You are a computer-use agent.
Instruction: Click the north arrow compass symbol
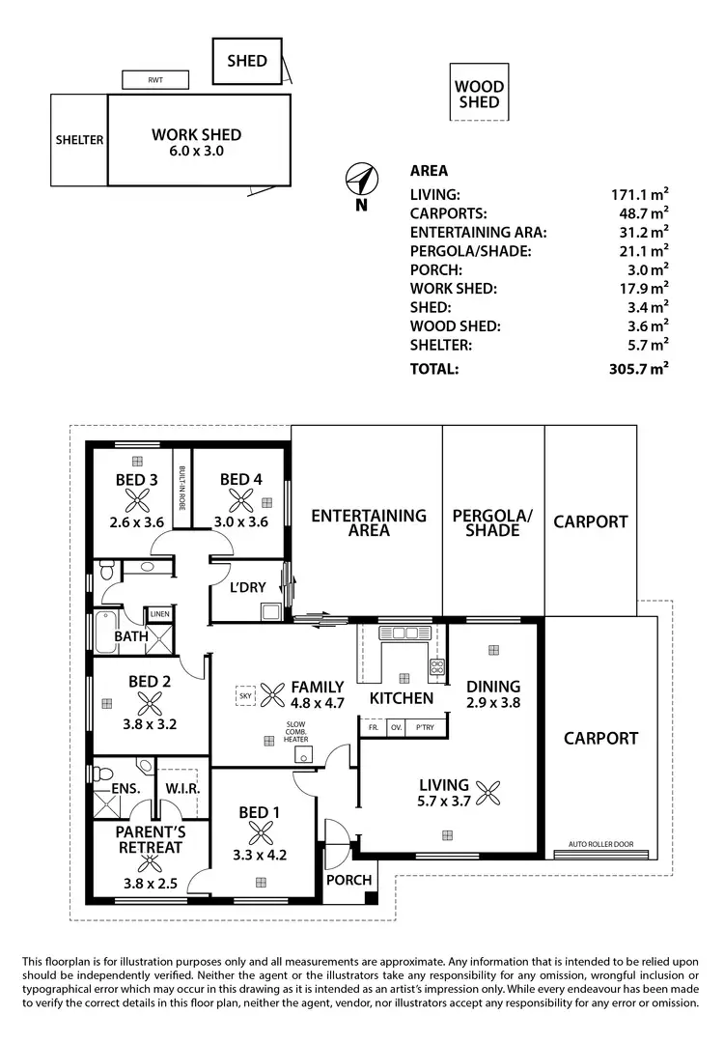coord(360,181)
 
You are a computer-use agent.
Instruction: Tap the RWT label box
coord(154,80)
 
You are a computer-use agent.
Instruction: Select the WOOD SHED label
coord(479,95)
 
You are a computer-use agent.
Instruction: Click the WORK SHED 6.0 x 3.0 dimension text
coord(196,151)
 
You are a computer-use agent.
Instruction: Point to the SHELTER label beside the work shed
coord(79,140)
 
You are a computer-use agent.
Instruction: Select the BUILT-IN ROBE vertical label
coord(181,488)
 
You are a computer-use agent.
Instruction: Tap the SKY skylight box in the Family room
coord(244,693)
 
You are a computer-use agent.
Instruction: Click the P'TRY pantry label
coord(422,727)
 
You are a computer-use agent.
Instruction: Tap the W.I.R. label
coord(181,789)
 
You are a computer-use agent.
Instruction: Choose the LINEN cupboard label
coord(159,612)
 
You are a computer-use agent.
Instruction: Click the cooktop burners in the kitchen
coord(435,666)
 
